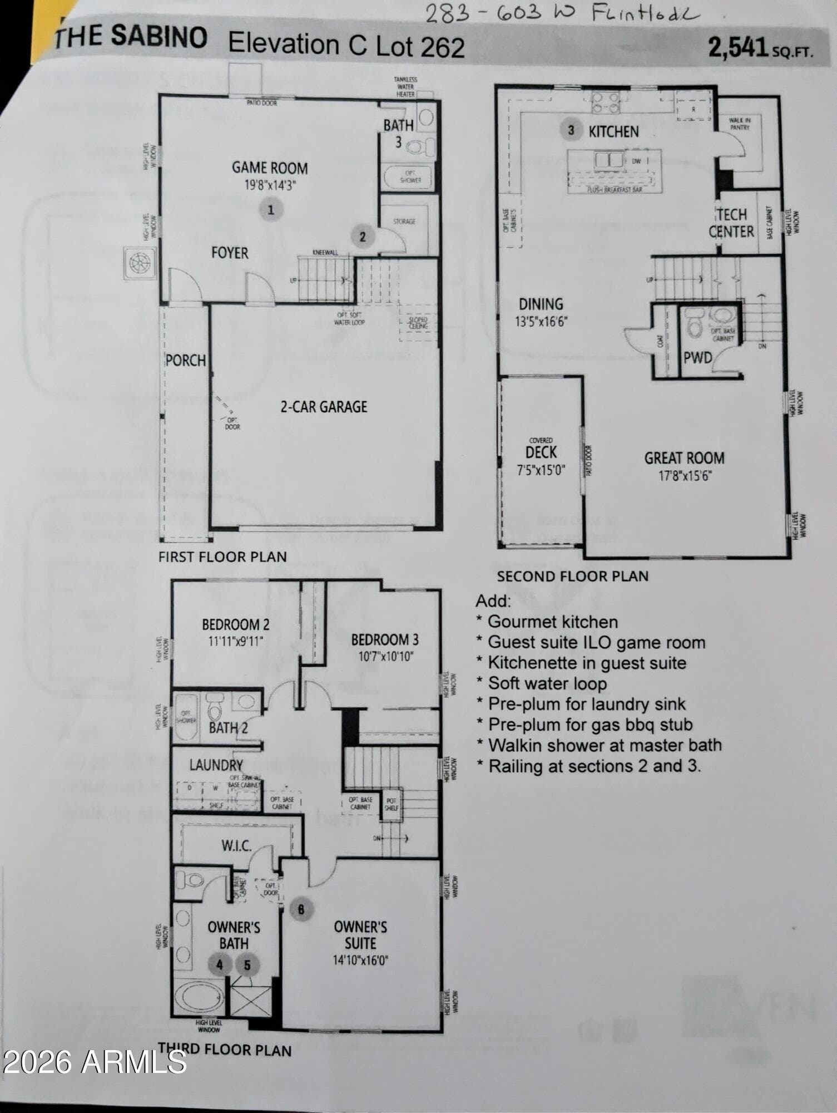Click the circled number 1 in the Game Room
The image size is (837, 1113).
click(x=271, y=210)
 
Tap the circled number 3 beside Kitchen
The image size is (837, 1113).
click(x=571, y=130)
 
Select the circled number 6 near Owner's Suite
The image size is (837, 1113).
click(x=301, y=909)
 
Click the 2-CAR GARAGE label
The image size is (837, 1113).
click(x=324, y=407)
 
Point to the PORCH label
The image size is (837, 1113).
click(x=186, y=361)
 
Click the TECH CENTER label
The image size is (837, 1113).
click(x=731, y=223)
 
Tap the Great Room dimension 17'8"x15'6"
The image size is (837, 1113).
click(x=685, y=476)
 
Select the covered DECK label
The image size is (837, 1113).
click(x=541, y=452)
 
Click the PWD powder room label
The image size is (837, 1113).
click(x=697, y=358)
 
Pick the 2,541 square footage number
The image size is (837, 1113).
click(x=738, y=48)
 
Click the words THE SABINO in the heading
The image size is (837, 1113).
click(x=131, y=37)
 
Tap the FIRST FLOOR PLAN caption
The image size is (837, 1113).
click(x=222, y=556)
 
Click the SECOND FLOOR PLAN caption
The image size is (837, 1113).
click(x=573, y=576)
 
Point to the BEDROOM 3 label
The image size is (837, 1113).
click(x=385, y=640)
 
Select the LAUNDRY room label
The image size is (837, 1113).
click(x=216, y=765)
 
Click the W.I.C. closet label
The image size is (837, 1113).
click(x=236, y=846)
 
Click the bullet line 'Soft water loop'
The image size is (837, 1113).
click(x=547, y=683)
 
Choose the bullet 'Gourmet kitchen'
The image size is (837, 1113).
click(x=552, y=622)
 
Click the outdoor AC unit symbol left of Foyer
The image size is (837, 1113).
click(x=140, y=263)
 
